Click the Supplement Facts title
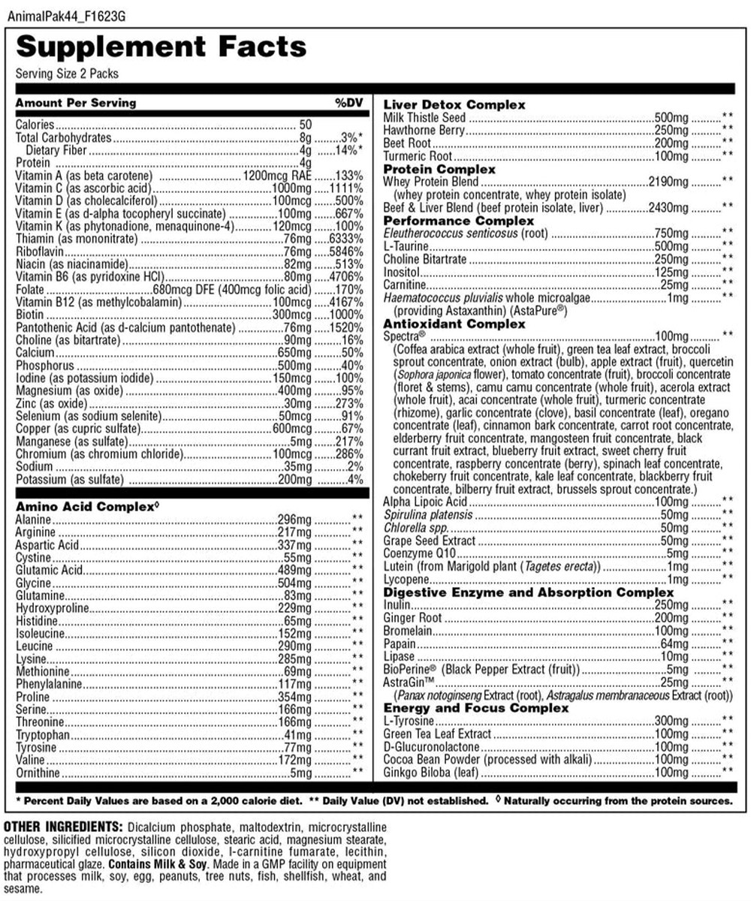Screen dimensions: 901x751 (x=161, y=47)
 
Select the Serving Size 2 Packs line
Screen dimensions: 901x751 (x=67, y=74)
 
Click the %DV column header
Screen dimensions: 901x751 (x=349, y=103)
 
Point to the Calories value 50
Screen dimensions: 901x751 (x=305, y=125)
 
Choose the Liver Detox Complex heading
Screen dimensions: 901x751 (x=454, y=104)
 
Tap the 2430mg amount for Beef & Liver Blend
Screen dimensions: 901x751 (x=667, y=207)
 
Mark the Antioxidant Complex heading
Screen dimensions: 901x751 (x=454, y=324)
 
